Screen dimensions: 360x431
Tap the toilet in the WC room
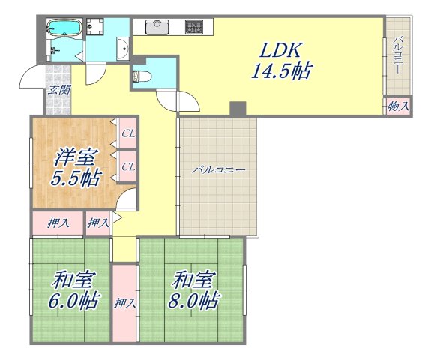tap(141, 75)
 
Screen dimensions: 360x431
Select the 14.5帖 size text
tap(281, 73)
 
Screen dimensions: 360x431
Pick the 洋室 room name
tap(75, 158)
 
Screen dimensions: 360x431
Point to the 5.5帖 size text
tap(75, 180)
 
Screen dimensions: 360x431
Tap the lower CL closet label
tap(128, 166)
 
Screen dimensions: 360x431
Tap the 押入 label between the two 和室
tap(125, 304)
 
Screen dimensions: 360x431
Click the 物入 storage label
tap(398, 106)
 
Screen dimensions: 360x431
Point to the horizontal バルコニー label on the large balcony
tap(218, 170)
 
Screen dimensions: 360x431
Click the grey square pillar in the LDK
tap(238, 108)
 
